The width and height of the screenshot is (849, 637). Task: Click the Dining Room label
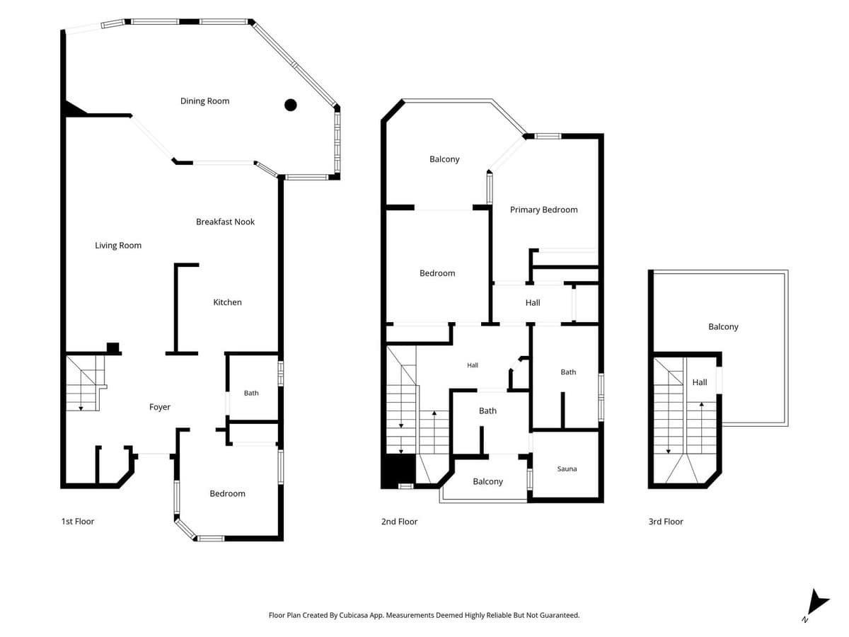point(204,101)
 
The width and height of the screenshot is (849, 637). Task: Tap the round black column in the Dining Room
point(290,105)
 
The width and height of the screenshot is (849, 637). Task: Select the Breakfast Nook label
point(225,222)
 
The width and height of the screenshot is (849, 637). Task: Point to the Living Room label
point(118,245)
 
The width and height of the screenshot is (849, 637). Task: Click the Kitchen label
point(227,302)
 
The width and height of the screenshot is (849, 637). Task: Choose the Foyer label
point(160,407)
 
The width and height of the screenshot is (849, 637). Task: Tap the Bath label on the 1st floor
point(251,393)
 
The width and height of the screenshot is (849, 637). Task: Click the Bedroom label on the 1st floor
point(227,493)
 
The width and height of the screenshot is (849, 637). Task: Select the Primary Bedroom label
point(543,210)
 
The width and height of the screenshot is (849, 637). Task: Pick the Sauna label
point(567,469)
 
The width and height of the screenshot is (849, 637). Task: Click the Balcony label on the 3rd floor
point(723,327)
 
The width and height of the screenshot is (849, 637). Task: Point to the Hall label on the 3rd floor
point(699,382)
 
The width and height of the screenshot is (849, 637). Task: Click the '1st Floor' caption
point(78,522)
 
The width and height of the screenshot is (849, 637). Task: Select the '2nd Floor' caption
point(399,522)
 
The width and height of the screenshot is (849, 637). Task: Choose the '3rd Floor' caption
point(666,522)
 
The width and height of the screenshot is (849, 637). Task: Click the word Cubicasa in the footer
point(354,615)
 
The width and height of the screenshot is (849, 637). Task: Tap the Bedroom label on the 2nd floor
point(437,273)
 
